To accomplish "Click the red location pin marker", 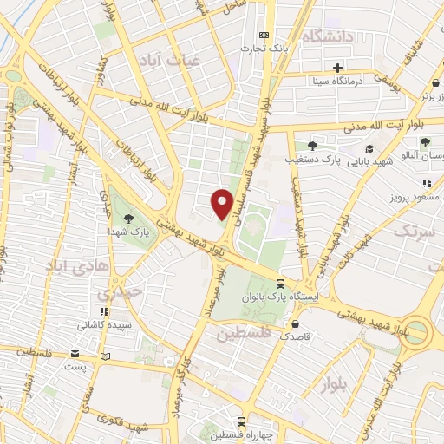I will coord(222,203).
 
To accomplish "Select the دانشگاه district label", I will coord(329,36).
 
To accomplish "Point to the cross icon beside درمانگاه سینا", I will coord(337,68).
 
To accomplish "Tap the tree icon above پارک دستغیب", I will coord(312,146).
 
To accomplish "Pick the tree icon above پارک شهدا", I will coord(128,218).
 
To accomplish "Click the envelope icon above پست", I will coord(75,354).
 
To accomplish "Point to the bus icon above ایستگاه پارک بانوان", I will coord(280,284).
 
